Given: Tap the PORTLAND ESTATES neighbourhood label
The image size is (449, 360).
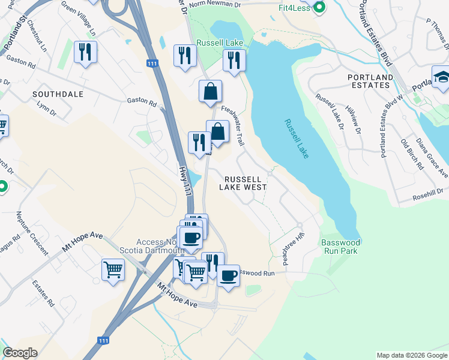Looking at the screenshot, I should click(x=370, y=81).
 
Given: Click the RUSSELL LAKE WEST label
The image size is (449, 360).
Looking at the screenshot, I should click(x=243, y=183).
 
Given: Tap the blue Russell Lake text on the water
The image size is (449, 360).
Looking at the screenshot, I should click(x=297, y=139).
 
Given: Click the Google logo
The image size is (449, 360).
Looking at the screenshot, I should click(x=20, y=352).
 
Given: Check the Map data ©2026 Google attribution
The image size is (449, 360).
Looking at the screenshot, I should click(x=412, y=355).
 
